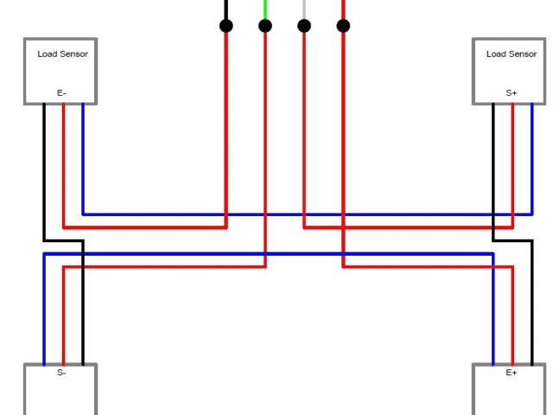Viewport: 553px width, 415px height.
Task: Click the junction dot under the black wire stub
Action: pyautogui.click(x=226, y=26)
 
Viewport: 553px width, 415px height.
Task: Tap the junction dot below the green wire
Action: pyautogui.click(x=265, y=26)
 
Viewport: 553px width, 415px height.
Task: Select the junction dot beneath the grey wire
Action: pyautogui.click(x=304, y=26)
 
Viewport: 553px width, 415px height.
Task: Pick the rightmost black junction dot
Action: pyautogui.click(x=343, y=26)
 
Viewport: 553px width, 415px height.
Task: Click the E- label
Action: pyautogui.click(x=61, y=93)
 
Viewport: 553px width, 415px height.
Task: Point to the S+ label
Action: pyautogui.click(x=512, y=93)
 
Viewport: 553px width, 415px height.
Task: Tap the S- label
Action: pyautogui.click(x=61, y=373)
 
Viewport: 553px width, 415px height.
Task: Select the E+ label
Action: pyautogui.click(x=512, y=373)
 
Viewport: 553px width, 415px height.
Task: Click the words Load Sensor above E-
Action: pyautogui.click(x=62, y=54)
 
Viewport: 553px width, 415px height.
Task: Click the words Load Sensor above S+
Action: pyautogui.click(x=512, y=54)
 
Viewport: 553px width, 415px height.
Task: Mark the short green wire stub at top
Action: pyautogui.click(x=265, y=8)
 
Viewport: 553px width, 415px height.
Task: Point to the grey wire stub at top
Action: pyautogui.click(x=304, y=8)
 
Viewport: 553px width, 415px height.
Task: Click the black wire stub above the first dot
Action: pyautogui.click(x=226, y=8)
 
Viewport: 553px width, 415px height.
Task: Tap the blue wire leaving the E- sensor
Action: pyautogui.click(x=83, y=156)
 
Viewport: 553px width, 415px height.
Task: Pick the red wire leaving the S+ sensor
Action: pyautogui.click(x=512, y=156)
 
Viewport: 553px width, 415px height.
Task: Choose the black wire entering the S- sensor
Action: pyautogui.click(x=83, y=320)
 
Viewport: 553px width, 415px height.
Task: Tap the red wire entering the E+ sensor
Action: pyautogui.click(x=512, y=320)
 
